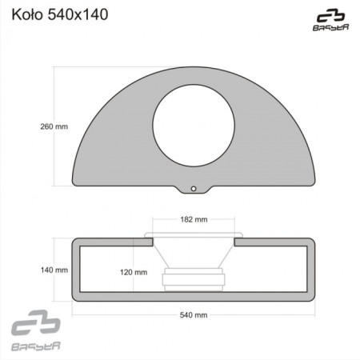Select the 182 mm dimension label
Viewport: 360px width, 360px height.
click(x=194, y=218)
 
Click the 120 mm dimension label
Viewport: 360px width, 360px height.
click(x=134, y=272)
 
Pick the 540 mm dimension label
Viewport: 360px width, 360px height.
click(x=194, y=315)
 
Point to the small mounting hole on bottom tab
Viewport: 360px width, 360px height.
click(x=194, y=189)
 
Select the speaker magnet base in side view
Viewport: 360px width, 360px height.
click(x=194, y=280)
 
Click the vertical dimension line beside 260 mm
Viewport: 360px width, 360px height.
click(x=54, y=126)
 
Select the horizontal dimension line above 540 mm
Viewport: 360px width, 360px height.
click(x=194, y=306)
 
